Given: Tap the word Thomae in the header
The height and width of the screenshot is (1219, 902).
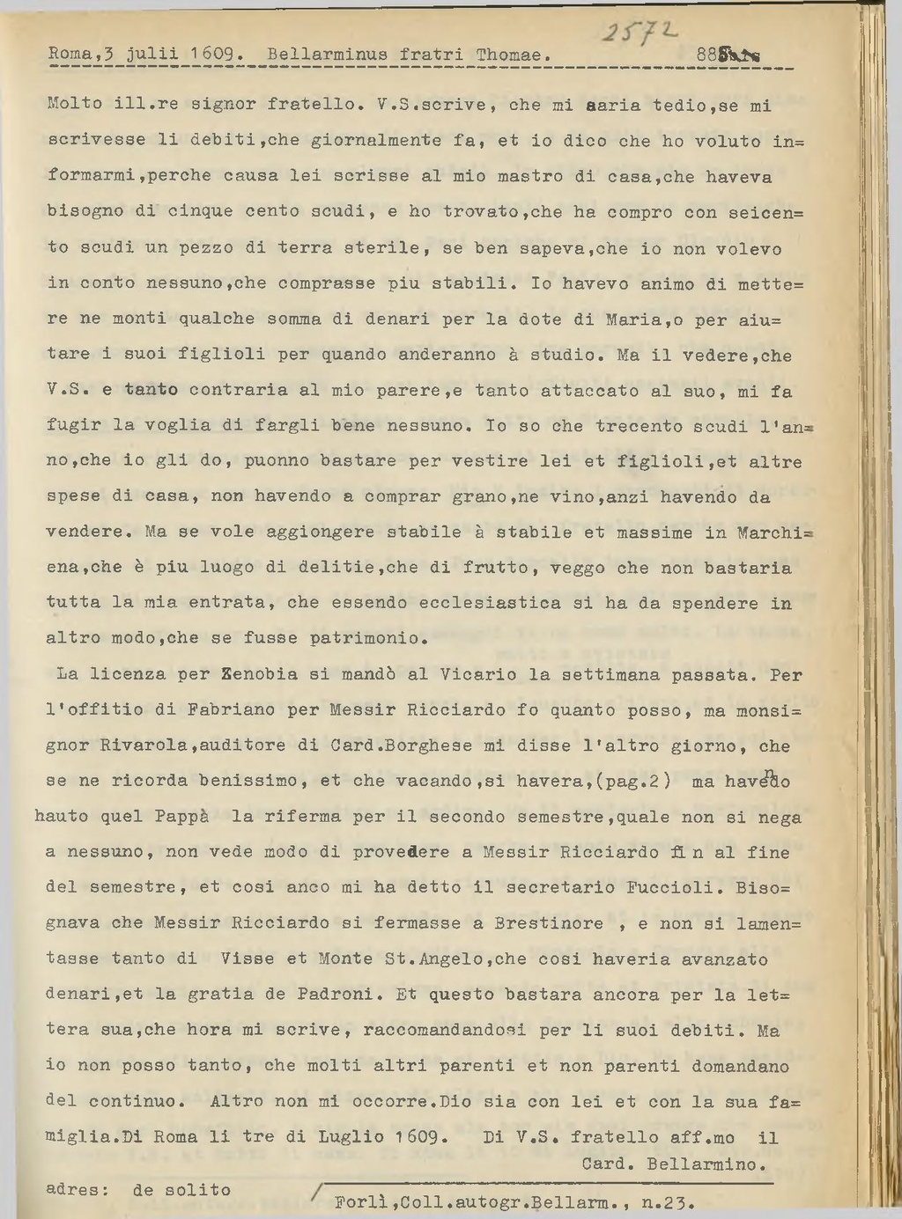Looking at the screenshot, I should (508, 55).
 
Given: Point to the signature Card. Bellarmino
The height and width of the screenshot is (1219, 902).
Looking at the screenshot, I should (674, 1164).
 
